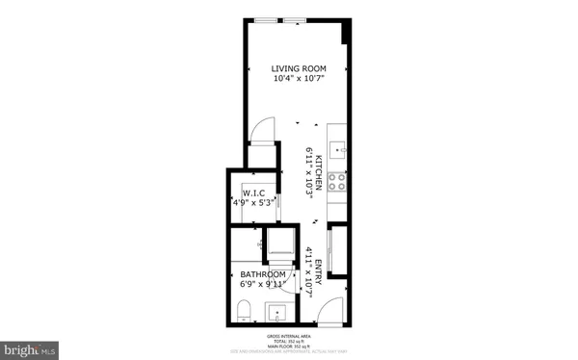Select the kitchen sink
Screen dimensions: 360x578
point(337,150)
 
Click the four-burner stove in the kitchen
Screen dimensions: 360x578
point(337,180)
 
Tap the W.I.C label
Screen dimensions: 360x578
point(254,193)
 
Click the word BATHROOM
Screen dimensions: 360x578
point(263,275)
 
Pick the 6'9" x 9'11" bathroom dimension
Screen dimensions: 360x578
point(263,286)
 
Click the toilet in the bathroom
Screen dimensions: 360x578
point(244,311)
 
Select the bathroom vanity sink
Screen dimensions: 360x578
point(277,313)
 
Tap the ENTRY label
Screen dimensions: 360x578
point(321,265)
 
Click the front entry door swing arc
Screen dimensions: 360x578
point(329,310)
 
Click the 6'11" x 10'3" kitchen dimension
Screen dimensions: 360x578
point(309,169)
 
